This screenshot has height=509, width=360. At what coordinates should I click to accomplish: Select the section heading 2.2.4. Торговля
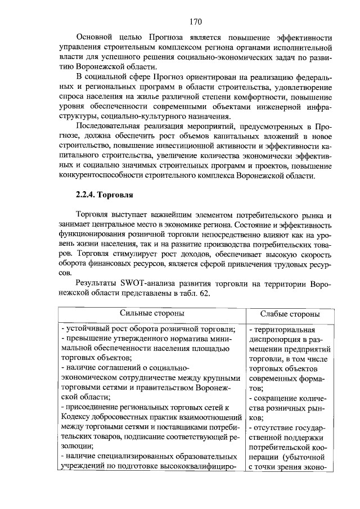(103, 195)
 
